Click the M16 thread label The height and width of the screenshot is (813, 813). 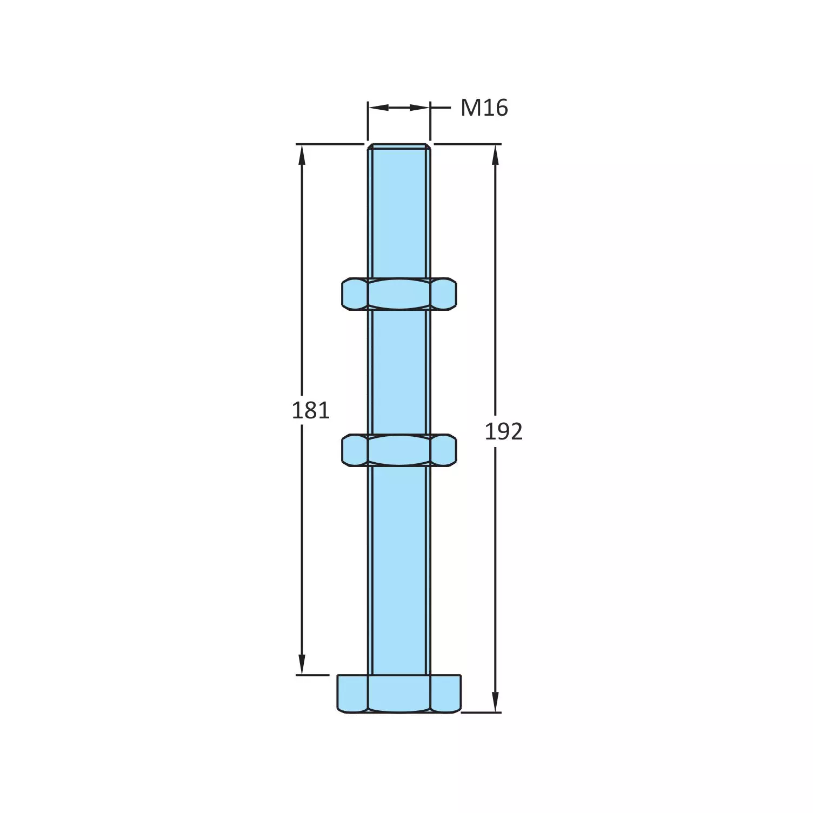(484, 108)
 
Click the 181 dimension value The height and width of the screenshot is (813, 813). (310, 411)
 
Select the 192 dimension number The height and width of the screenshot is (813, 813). (503, 431)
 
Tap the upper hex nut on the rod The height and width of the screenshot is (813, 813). (399, 294)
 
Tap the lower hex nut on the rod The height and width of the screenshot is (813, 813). (399, 450)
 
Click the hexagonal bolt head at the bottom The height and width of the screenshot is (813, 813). (399, 694)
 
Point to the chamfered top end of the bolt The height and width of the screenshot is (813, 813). (399, 146)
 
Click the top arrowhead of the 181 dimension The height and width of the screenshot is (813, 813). (302, 154)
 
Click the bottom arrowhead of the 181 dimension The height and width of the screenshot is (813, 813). (302, 665)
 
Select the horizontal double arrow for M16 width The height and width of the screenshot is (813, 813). (399, 108)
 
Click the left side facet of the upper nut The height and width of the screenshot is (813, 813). (355, 294)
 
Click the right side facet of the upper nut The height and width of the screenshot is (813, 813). (443, 294)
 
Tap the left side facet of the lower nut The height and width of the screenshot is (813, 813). (355, 450)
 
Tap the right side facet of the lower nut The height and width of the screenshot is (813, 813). (443, 450)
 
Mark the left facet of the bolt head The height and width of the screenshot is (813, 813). (352, 694)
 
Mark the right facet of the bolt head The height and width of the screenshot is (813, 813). (446, 694)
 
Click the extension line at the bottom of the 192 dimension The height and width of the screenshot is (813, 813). (481, 712)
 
